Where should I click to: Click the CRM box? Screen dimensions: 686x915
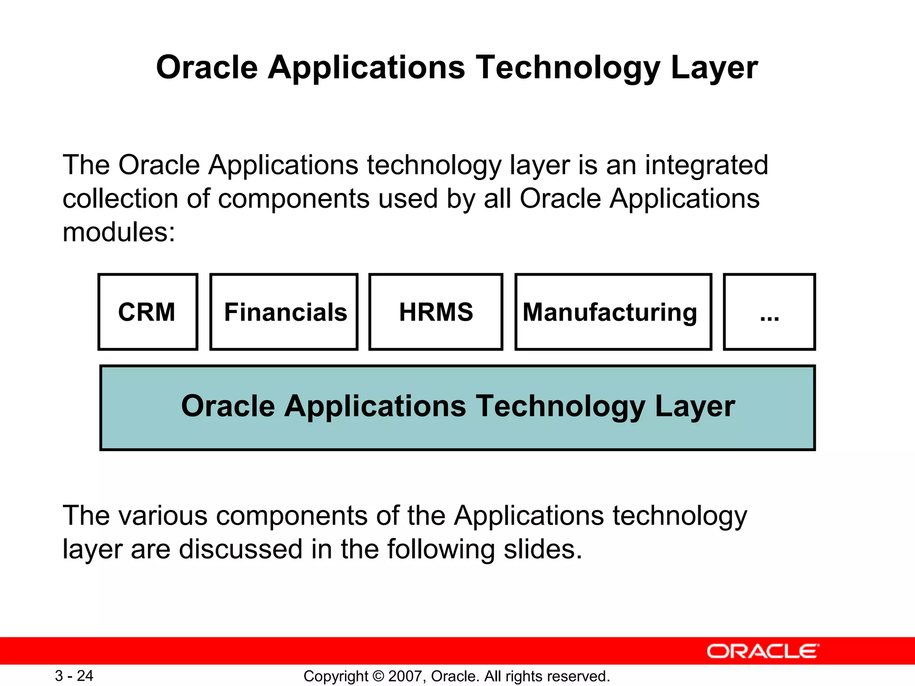[x=147, y=312]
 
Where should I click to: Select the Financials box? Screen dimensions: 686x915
[x=284, y=312]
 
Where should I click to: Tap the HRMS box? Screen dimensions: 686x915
[x=436, y=312]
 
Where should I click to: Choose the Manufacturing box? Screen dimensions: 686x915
[x=613, y=312]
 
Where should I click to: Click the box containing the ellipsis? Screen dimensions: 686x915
[x=769, y=312]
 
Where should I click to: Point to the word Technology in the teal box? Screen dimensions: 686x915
[x=560, y=406]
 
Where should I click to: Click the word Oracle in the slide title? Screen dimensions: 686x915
[x=207, y=67]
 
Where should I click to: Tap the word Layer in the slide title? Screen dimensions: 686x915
[x=714, y=67]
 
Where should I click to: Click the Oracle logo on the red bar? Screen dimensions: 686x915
[x=763, y=651]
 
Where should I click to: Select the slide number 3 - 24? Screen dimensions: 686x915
[x=74, y=676]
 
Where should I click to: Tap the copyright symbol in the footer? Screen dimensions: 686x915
[x=378, y=676]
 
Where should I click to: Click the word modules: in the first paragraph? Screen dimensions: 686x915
[x=119, y=233]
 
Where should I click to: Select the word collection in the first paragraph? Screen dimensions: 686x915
[x=120, y=199]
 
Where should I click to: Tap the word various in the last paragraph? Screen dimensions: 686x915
[x=163, y=516]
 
